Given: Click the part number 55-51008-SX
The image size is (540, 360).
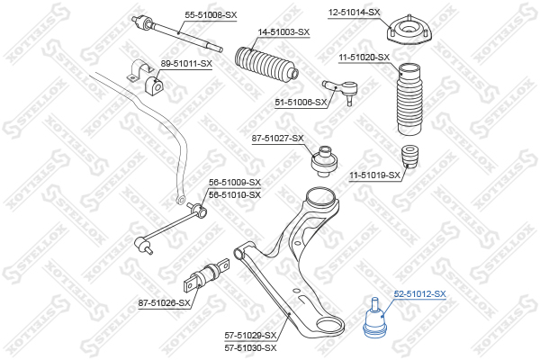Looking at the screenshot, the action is click(211, 15).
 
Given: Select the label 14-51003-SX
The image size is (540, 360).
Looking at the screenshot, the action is click(283, 32).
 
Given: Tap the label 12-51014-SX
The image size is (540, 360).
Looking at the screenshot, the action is click(354, 13).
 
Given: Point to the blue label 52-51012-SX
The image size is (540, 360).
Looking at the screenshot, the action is click(419, 294).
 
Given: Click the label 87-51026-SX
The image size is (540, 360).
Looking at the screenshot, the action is click(165, 303).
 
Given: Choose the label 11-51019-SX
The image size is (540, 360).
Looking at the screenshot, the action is click(375, 175).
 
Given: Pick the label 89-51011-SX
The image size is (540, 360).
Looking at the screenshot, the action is click(186, 64).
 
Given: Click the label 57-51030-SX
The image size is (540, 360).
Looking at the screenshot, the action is click(251, 348).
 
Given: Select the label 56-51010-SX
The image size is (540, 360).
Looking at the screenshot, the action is click(235, 195).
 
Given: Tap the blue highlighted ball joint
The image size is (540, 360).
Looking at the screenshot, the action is click(375, 319).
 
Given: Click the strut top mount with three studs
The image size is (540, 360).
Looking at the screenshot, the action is click(409, 31).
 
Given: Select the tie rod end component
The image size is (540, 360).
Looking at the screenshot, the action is click(341, 90).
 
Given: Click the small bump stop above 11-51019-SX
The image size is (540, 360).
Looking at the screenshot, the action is click(410, 157).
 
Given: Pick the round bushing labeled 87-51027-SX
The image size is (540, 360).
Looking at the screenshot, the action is click(325, 161).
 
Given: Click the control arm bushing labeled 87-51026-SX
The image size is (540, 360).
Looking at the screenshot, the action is click(207, 275).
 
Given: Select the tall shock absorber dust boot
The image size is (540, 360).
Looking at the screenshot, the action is click(409, 99).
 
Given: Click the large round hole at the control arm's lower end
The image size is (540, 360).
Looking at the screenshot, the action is click(329, 325).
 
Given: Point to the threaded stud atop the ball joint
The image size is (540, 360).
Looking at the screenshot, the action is click(375, 304).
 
